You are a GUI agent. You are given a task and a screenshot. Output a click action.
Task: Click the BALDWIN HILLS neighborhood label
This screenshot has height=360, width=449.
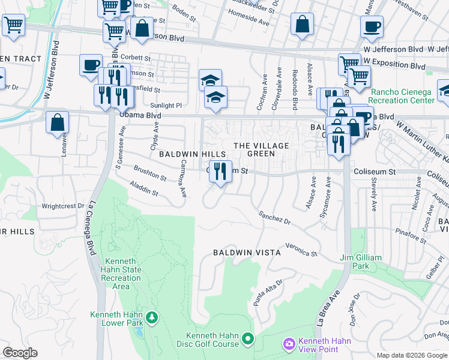click(192, 154)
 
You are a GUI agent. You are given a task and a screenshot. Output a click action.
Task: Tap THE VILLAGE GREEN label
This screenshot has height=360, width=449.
click(261, 150)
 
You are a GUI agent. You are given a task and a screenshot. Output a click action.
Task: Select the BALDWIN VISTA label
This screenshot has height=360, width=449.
click(247, 253)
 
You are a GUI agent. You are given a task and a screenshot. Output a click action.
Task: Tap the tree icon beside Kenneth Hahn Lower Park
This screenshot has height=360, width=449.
click(152, 316)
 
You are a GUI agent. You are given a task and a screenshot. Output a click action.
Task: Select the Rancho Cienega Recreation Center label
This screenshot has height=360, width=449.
click(402, 96)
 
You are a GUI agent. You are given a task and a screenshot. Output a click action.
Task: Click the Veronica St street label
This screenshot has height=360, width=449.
click(301, 250)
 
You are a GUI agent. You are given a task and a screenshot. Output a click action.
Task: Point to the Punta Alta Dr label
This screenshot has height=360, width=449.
click(268, 292)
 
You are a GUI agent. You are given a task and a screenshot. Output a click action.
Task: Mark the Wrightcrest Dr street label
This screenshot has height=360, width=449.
click(63, 206)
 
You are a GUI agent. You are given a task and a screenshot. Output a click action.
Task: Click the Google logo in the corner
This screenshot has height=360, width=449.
click(20, 353)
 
